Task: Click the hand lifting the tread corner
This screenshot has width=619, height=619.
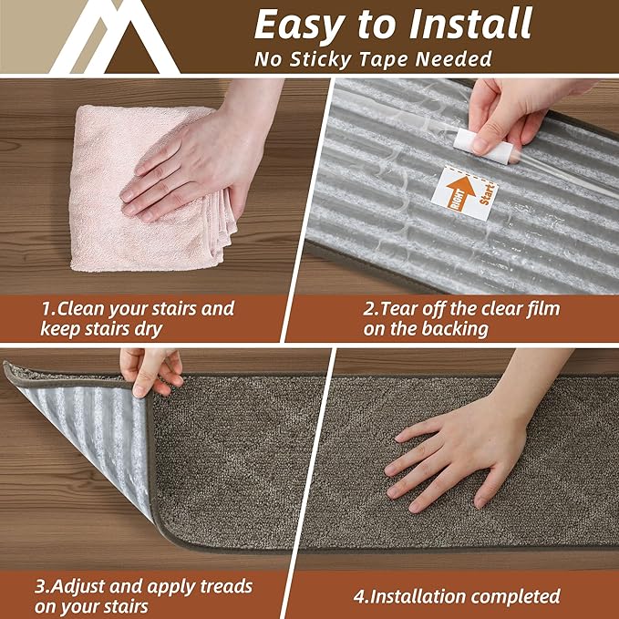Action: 150,369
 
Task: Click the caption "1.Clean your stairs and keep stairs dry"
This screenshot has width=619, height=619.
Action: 137,318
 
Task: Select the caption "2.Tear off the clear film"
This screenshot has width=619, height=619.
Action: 461,318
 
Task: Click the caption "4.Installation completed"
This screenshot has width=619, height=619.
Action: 457,597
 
